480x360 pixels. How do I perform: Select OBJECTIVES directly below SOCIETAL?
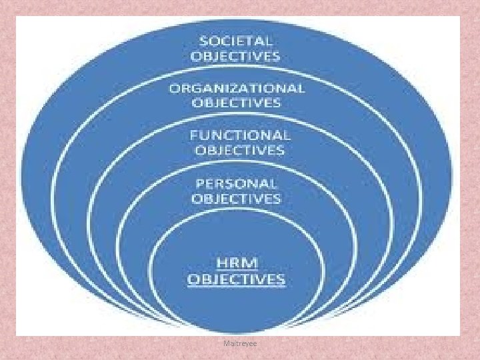(x=235, y=56)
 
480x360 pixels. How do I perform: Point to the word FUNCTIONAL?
(x=240, y=135)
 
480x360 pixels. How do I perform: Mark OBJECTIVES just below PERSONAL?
(x=236, y=199)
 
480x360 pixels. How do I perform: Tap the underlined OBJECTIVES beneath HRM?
(x=236, y=279)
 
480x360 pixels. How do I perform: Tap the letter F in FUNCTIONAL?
(x=193, y=135)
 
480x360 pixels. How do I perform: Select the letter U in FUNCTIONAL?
(x=204, y=135)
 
